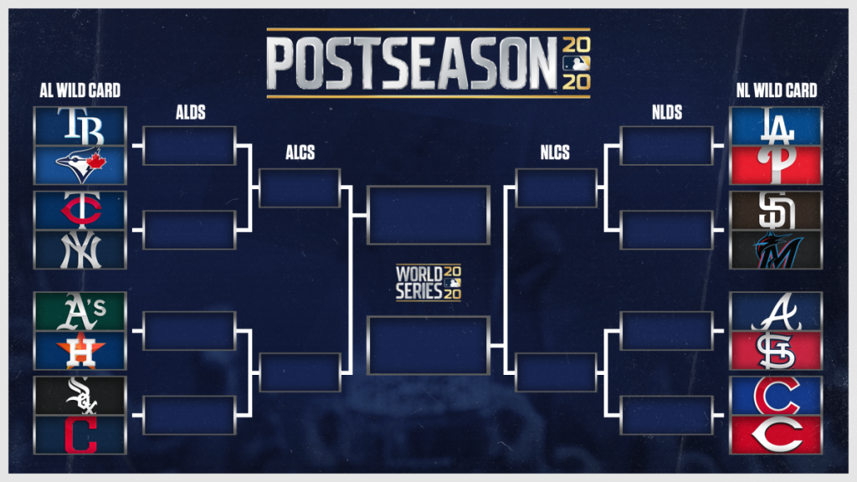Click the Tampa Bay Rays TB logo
coord(80,126)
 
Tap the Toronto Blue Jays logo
coord(80,165)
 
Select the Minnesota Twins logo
coord(80,210)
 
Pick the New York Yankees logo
coord(80,249)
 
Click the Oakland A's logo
coord(80,310)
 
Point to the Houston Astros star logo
coord(80,350)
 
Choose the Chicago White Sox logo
coord(80,395)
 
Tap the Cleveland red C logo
coord(80,434)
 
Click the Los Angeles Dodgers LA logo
coord(776,126)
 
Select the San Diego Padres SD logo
coord(776,210)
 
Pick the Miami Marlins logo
coord(777,249)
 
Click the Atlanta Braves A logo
coord(776,310)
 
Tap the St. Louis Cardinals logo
coord(776,350)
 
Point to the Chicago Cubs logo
coord(776,395)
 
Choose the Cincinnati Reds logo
coord(776,434)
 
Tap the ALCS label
coord(299,154)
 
